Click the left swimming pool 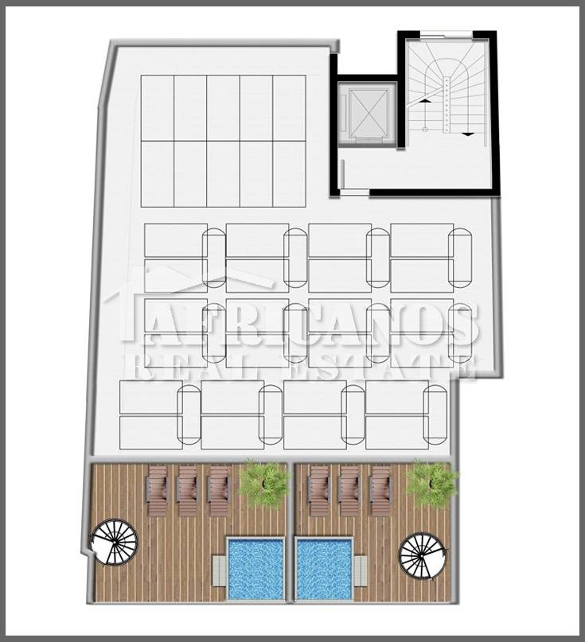pyautogui.click(x=255, y=570)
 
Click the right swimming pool pyautogui.click(x=325, y=570)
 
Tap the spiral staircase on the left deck pyautogui.click(x=115, y=542)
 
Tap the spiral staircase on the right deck pyautogui.click(x=422, y=555)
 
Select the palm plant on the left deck pyautogui.click(x=263, y=483)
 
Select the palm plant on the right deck pyautogui.click(x=431, y=483)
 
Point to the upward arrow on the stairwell pyautogui.click(x=425, y=100)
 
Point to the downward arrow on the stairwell pyautogui.click(x=468, y=134)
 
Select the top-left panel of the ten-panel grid pyautogui.click(x=158, y=108)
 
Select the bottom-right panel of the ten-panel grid pyautogui.click(x=289, y=174)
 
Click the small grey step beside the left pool pyautogui.click(x=220, y=570)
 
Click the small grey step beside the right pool pyautogui.click(x=361, y=570)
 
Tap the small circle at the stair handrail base pyautogui.click(x=425, y=130)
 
